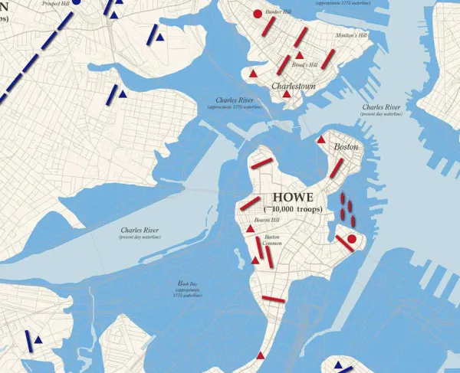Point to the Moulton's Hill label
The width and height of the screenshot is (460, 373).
point(350,35)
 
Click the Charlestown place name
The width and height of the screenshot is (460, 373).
point(294,87)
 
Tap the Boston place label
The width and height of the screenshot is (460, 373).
point(346,146)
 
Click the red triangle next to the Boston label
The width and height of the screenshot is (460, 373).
point(320,139)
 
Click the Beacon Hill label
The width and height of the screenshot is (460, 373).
point(267,220)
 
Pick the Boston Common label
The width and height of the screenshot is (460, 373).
point(271,241)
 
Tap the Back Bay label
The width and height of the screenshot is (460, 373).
point(186,287)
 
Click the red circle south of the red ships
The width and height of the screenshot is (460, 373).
point(351,239)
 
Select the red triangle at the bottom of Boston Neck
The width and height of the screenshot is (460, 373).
point(261,355)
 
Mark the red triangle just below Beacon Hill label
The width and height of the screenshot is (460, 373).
point(250,228)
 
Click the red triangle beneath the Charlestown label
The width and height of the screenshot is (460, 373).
point(287,94)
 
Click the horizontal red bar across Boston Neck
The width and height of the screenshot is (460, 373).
point(273,299)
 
